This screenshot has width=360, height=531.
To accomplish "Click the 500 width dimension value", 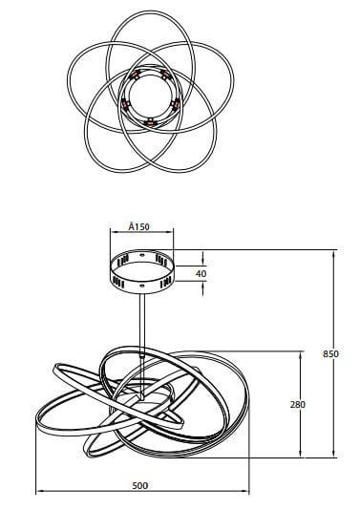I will click(139, 486).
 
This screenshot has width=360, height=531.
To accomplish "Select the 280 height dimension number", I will click(297, 404).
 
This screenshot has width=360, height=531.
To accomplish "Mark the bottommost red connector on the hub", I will click(149, 121).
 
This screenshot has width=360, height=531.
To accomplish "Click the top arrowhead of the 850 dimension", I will click(334, 253).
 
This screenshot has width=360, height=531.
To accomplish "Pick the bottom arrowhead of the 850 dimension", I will click(334, 455).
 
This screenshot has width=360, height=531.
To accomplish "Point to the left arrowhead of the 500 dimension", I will click(39, 493).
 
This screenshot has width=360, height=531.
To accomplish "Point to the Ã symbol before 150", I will click(131, 228).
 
